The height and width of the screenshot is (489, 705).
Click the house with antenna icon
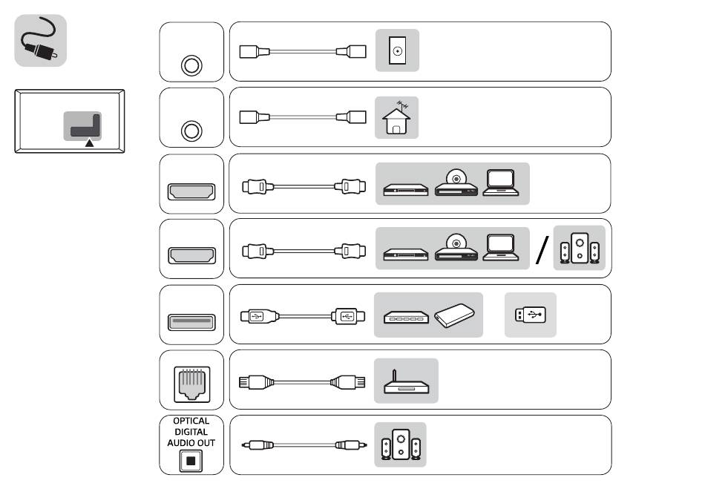[x=397, y=117]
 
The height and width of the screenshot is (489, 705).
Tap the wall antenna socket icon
[x=398, y=51]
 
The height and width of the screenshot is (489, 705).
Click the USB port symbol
[x=191, y=321]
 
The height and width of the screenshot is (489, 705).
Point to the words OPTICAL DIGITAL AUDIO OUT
[x=191, y=431]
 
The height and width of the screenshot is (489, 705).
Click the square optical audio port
[x=191, y=460]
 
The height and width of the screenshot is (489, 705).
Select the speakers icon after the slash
[x=579, y=249]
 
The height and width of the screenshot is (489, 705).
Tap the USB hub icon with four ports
[x=406, y=318]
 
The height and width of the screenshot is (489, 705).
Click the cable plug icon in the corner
[x=41, y=41]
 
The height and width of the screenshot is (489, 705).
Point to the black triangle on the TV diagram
[x=89, y=142]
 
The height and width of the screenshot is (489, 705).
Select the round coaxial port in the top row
[x=191, y=65]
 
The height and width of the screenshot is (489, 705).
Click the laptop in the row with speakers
[x=501, y=248]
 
